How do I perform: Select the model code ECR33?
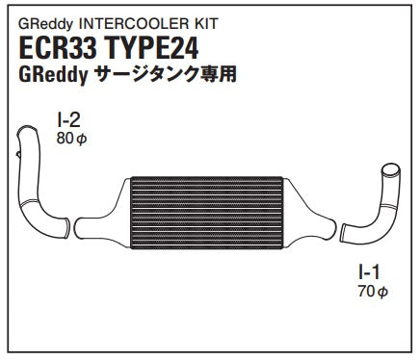[x=58, y=49]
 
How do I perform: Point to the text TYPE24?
[x=151, y=49]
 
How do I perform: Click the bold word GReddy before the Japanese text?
[x=54, y=75]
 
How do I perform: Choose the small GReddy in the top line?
[x=46, y=24]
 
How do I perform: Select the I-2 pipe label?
[x=68, y=120]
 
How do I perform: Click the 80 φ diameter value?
[x=71, y=139]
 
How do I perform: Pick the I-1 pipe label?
[x=369, y=272]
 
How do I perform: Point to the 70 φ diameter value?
[x=373, y=292]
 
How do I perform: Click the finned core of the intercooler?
[x=207, y=213]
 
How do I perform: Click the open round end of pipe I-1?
[x=391, y=170]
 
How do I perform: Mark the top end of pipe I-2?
[x=27, y=131]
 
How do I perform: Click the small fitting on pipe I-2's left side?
[x=18, y=154]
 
